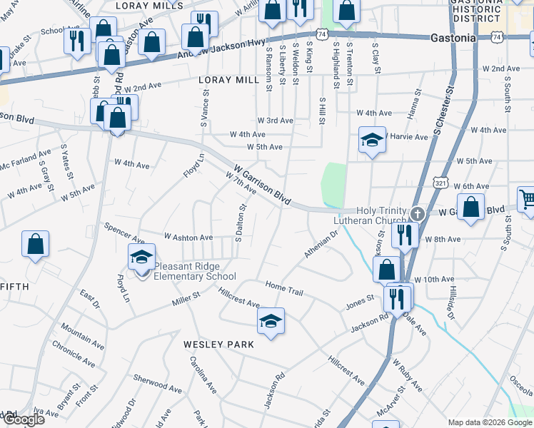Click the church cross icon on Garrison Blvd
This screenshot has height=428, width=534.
pos(419,213)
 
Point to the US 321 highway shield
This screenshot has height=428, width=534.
pos(440,184)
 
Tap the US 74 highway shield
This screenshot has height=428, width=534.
pos(323,34)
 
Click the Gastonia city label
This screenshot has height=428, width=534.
pos(453,38)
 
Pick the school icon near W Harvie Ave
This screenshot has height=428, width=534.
pos(372,140)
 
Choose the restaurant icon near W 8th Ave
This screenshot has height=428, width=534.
pos(405,235)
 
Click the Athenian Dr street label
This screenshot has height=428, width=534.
pos(321,246)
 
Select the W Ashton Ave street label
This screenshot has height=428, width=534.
pos(188,237)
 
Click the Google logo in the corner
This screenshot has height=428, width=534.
pos(23,419)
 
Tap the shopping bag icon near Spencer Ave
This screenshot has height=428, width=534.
pos(35,245)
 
